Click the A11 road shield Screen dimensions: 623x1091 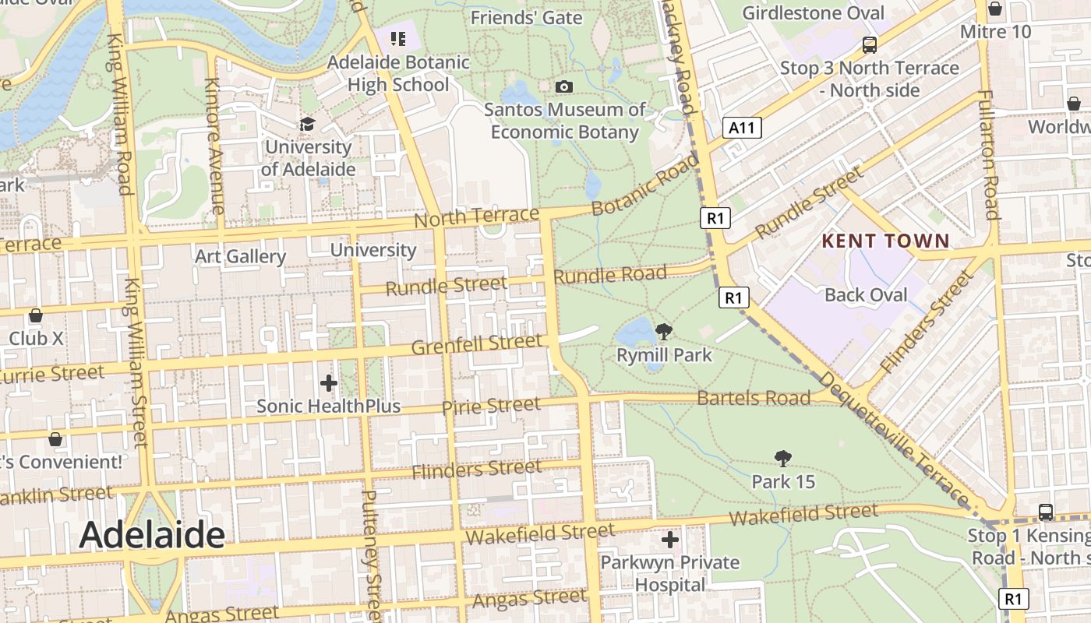click(741, 128)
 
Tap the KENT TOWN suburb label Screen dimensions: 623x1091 click(886, 241)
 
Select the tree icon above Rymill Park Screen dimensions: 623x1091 click(663, 333)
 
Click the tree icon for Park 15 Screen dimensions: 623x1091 click(783, 459)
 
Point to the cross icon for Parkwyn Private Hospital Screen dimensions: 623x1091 click(670, 539)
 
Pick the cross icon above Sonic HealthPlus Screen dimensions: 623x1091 click(329, 383)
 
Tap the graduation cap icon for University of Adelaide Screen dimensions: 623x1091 click(308, 125)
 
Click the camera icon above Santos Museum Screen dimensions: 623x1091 click(564, 86)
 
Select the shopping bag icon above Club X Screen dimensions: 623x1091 click(36, 315)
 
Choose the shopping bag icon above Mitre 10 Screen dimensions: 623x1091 click(995, 9)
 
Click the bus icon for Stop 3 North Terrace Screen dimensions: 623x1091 click(869, 45)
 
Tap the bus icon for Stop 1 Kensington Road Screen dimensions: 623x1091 click(1046, 512)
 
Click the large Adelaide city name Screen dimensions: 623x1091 click(152, 535)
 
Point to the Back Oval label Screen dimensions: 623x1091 click(866, 295)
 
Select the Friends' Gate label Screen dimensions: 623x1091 click(527, 17)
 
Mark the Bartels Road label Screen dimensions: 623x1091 click(754, 398)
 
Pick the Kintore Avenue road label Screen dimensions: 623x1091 click(214, 146)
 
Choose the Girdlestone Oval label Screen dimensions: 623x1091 click(813, 13)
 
